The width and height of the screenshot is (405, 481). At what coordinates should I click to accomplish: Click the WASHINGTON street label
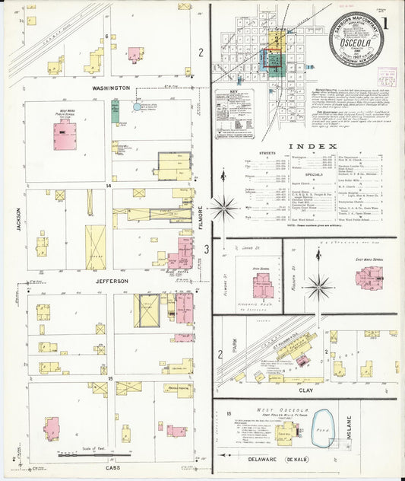(111, 88)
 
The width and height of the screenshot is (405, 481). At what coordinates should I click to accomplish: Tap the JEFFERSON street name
(111, 281)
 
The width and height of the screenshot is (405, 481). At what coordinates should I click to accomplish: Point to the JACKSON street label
(19, 219)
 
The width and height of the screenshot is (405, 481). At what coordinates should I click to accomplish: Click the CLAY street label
(305, 390)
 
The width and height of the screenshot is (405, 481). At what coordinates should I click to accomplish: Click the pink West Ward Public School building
(64, 135)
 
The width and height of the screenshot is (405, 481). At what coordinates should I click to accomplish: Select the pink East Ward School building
(369, 276)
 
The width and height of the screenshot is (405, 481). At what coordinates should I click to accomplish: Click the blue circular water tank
(138, 107)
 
